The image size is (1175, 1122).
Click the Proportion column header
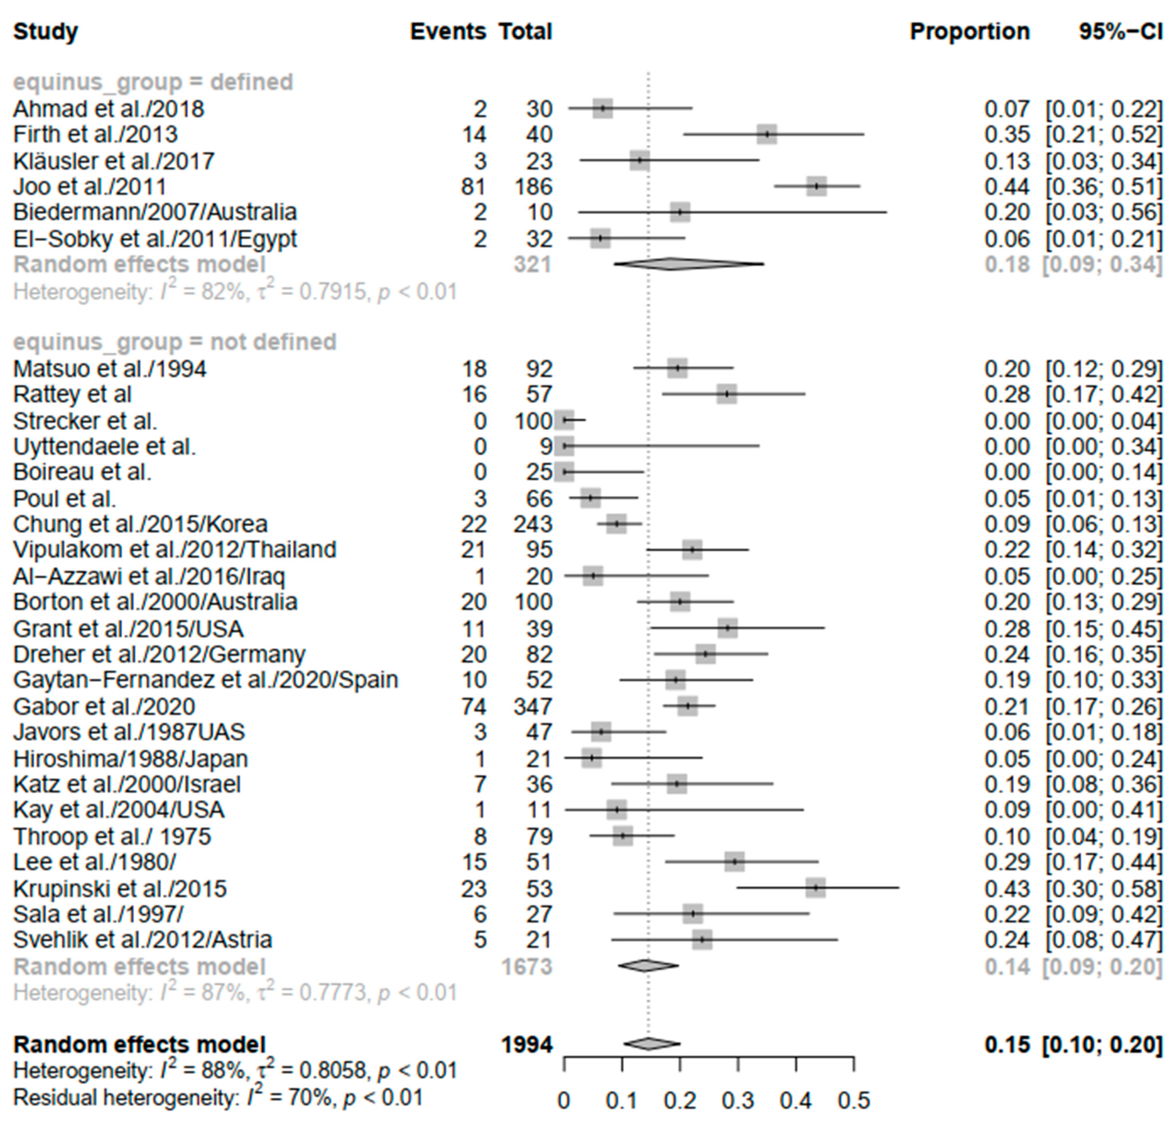point(969,31)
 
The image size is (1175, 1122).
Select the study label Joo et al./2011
point(90,187)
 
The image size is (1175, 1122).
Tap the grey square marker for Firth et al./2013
point(767,134)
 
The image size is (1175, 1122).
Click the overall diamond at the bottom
point(651,1044)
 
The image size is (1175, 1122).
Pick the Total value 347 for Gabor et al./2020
point(533,706)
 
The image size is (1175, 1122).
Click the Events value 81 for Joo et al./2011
point(473,187)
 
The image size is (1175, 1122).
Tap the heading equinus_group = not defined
point(175,342)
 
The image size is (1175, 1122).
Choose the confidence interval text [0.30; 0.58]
point(1103,888)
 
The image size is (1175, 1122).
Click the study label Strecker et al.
point(85,421)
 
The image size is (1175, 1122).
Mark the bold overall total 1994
point(526,1044)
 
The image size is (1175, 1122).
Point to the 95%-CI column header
point(1121,31)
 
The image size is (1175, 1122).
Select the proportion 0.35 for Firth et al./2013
point(1007,134)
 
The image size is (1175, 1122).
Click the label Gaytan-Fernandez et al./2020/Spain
point(205,680)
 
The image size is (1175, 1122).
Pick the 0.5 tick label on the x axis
point(854,1100)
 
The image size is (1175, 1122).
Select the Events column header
point(447,31)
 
